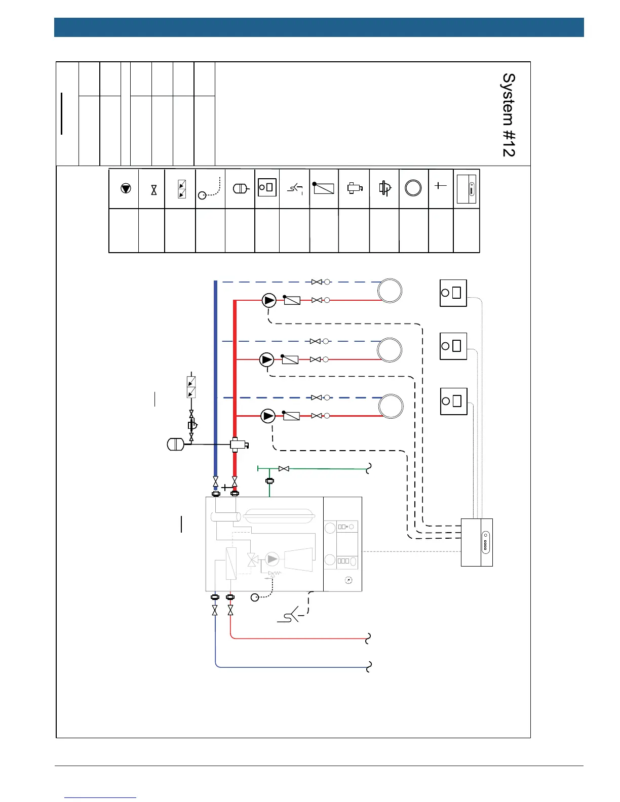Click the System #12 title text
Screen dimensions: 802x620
click(x=509, y=115)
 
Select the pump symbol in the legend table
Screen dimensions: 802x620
click(x=126, y=188)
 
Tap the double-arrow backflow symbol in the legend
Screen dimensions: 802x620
click(x=182, y=188)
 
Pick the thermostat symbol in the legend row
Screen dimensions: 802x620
click(x=267, y=187)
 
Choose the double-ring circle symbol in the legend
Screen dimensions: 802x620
click(x=413, y=188)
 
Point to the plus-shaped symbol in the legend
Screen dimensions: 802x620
click(x=441, y=186)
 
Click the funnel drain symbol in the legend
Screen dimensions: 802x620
click(x=295, y=189)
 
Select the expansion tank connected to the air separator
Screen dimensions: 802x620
click(x=175, y=445)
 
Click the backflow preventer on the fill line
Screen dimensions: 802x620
click(x=191, y=387)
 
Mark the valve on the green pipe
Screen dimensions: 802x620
click(x=284, y=469)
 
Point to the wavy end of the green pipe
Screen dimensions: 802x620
click(x=369, y=469)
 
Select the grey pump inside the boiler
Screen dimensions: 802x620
click(x=272, y=559)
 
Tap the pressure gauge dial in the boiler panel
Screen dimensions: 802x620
click(x=348, y=580)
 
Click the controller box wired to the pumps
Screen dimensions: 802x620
click(x=477, y=542)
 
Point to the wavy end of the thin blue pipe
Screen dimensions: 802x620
click(x=369, y=666)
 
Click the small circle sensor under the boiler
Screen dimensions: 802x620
click(x=255, y=598)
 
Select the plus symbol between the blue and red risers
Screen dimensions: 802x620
click(x=225, y=488)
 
